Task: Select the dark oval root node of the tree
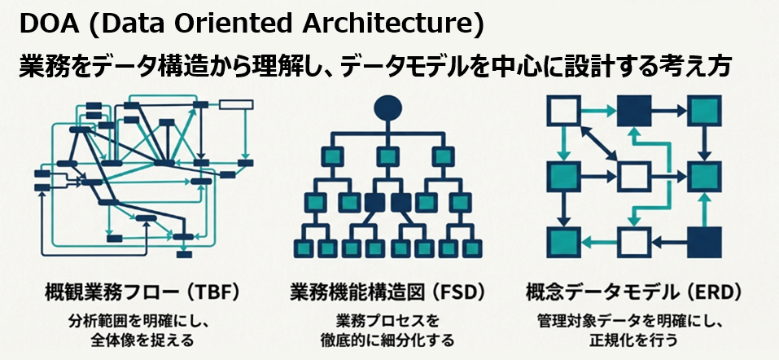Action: point(387,108)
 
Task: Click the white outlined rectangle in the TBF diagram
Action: point(236,104)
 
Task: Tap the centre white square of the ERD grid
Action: point(634,176)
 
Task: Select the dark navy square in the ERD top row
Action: point(634,111)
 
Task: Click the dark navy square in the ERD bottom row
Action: point(704,242)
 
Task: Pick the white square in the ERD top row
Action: point(563,111)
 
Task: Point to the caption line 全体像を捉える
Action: point(142,341)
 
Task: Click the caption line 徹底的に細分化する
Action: point(387,341)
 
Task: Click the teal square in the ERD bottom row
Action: point(563,242)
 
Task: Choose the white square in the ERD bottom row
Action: point(634,242)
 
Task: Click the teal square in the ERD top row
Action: point(704,111)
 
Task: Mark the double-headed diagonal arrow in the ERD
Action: point(598,143)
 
